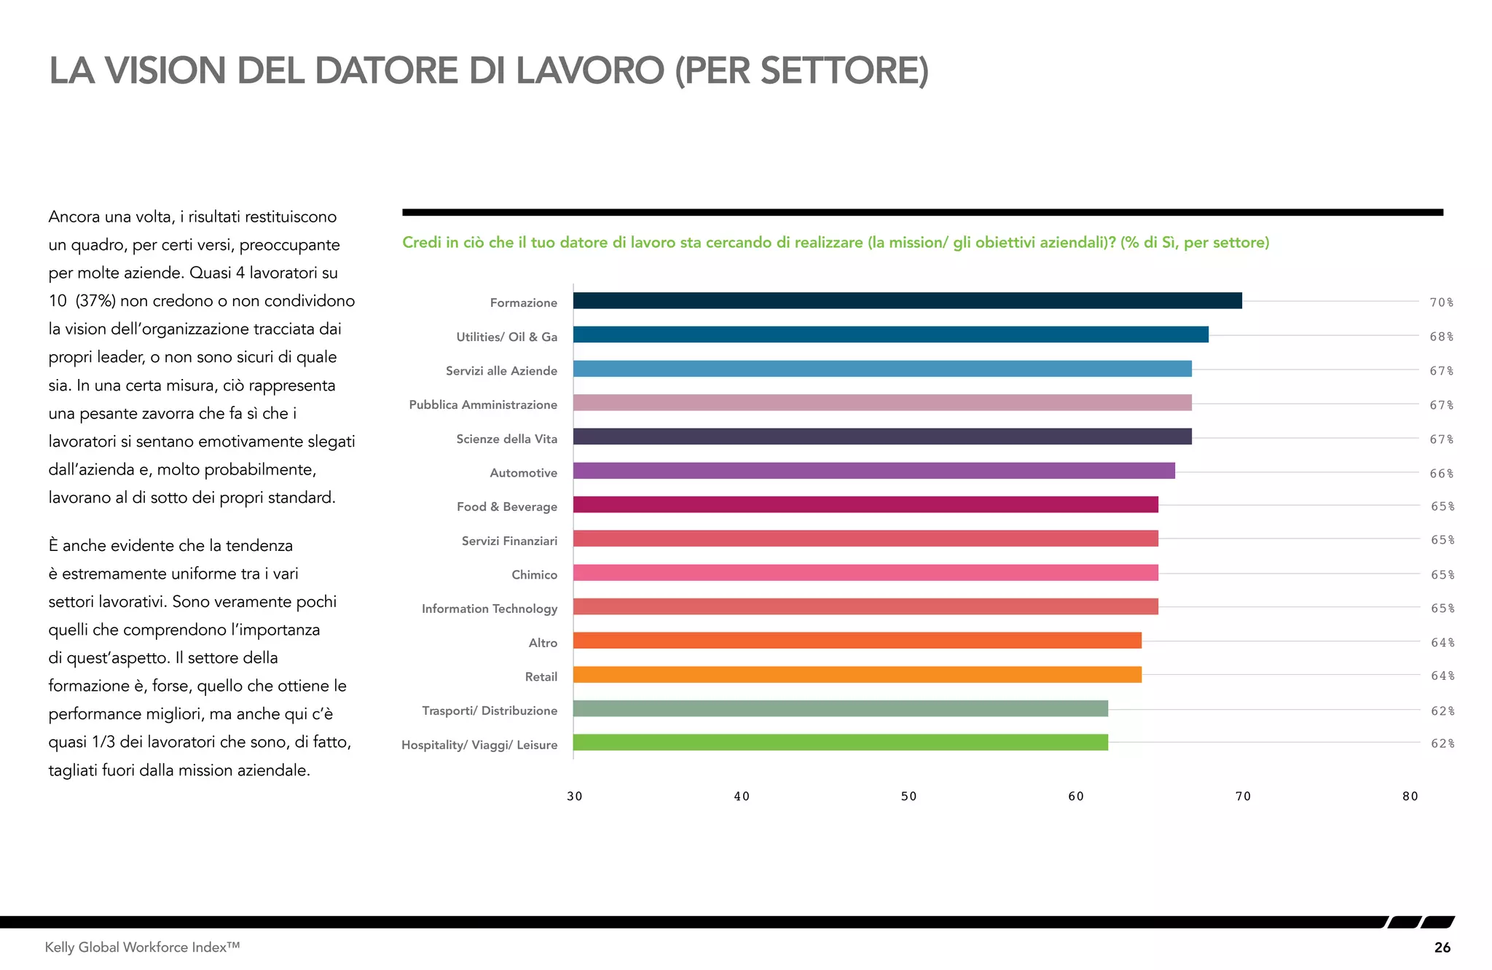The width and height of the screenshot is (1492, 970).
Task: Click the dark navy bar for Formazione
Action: [x=907, y=300]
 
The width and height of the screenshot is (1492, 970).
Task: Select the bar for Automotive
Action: [x=873, y=471]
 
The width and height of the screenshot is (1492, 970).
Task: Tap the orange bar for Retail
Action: [x=857, y=675]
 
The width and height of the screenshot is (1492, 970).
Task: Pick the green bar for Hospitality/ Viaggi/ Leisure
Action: [x=840, y=743]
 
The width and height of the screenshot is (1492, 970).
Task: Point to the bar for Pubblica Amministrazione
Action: [x=882, y=403]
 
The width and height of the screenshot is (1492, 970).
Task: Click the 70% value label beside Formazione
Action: [x=1441, y=302]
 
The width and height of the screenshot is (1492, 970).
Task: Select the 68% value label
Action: [x=1441, y=337]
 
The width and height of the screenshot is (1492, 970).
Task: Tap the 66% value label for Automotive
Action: [x=1441, y=474]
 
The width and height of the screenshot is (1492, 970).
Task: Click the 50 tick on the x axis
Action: [x=908, y=797]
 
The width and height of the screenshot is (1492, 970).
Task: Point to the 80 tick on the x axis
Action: [x=1410, y=797]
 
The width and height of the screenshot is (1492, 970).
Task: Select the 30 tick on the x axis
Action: [x=574, y=797]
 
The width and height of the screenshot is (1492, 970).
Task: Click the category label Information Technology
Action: [x=490, y=609]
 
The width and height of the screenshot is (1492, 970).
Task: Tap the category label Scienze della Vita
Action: [x=506, y=439]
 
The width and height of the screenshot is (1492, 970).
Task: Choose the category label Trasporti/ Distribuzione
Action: [x=490, y=711]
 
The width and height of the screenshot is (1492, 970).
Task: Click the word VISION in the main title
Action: [x=165, y=71]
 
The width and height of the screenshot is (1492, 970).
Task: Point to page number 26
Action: [x=1442, y=947]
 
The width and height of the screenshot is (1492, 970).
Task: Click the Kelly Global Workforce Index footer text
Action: [x=142, y=947]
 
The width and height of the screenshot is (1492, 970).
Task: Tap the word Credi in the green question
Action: [x=422, y=243]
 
